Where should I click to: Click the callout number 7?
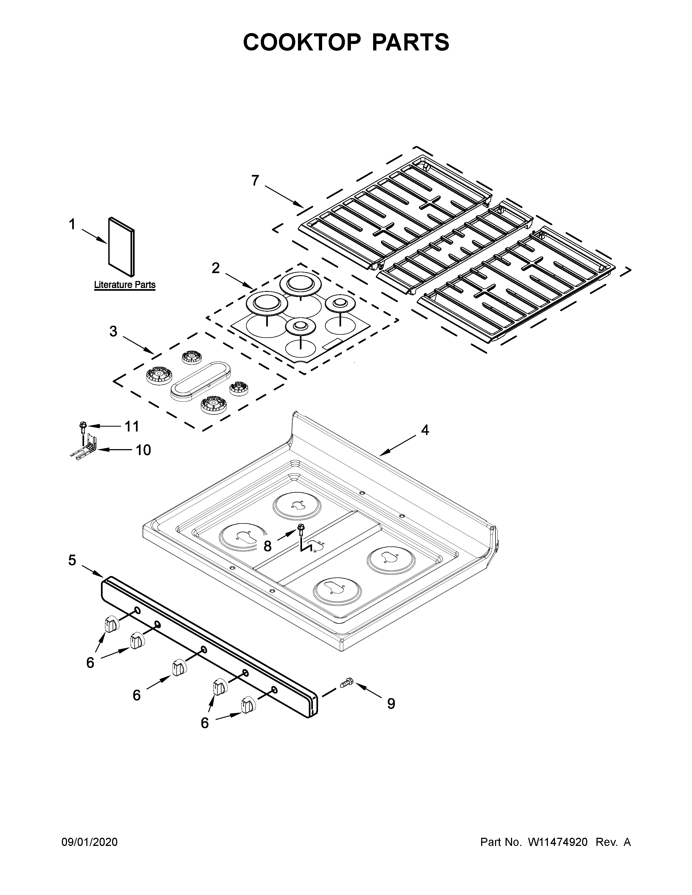pyautogui.click(x=255, y=180)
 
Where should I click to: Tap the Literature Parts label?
pyautogui.click(x=125, y=285)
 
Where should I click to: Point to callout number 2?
pyautogui.click(x=216, y=268)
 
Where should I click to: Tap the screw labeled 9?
pyautogui.click(x=347, y=682)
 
